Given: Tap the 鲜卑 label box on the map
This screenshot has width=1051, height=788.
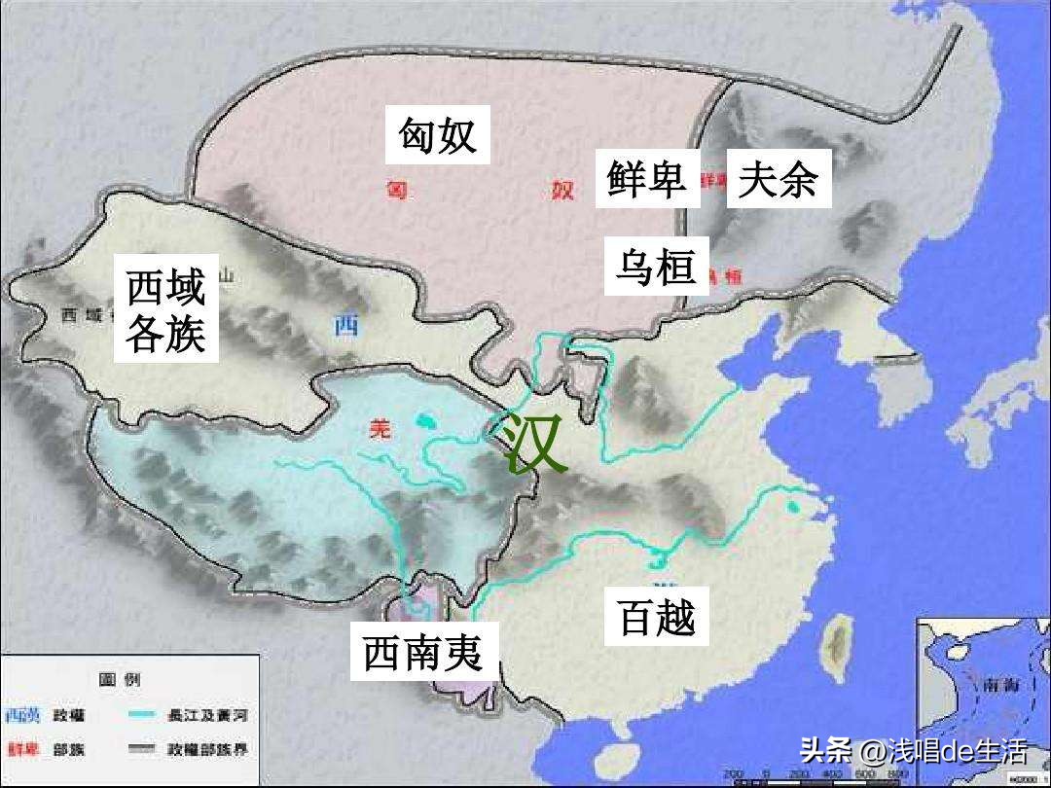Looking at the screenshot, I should click(647, 178).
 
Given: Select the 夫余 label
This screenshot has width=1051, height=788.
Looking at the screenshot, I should click(778, 178).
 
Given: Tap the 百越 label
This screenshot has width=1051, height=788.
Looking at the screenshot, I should click(658, 617).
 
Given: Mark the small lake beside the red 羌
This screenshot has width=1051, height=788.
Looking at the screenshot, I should click(423, 422).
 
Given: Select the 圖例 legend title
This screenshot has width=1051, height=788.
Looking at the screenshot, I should click(120, 680).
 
